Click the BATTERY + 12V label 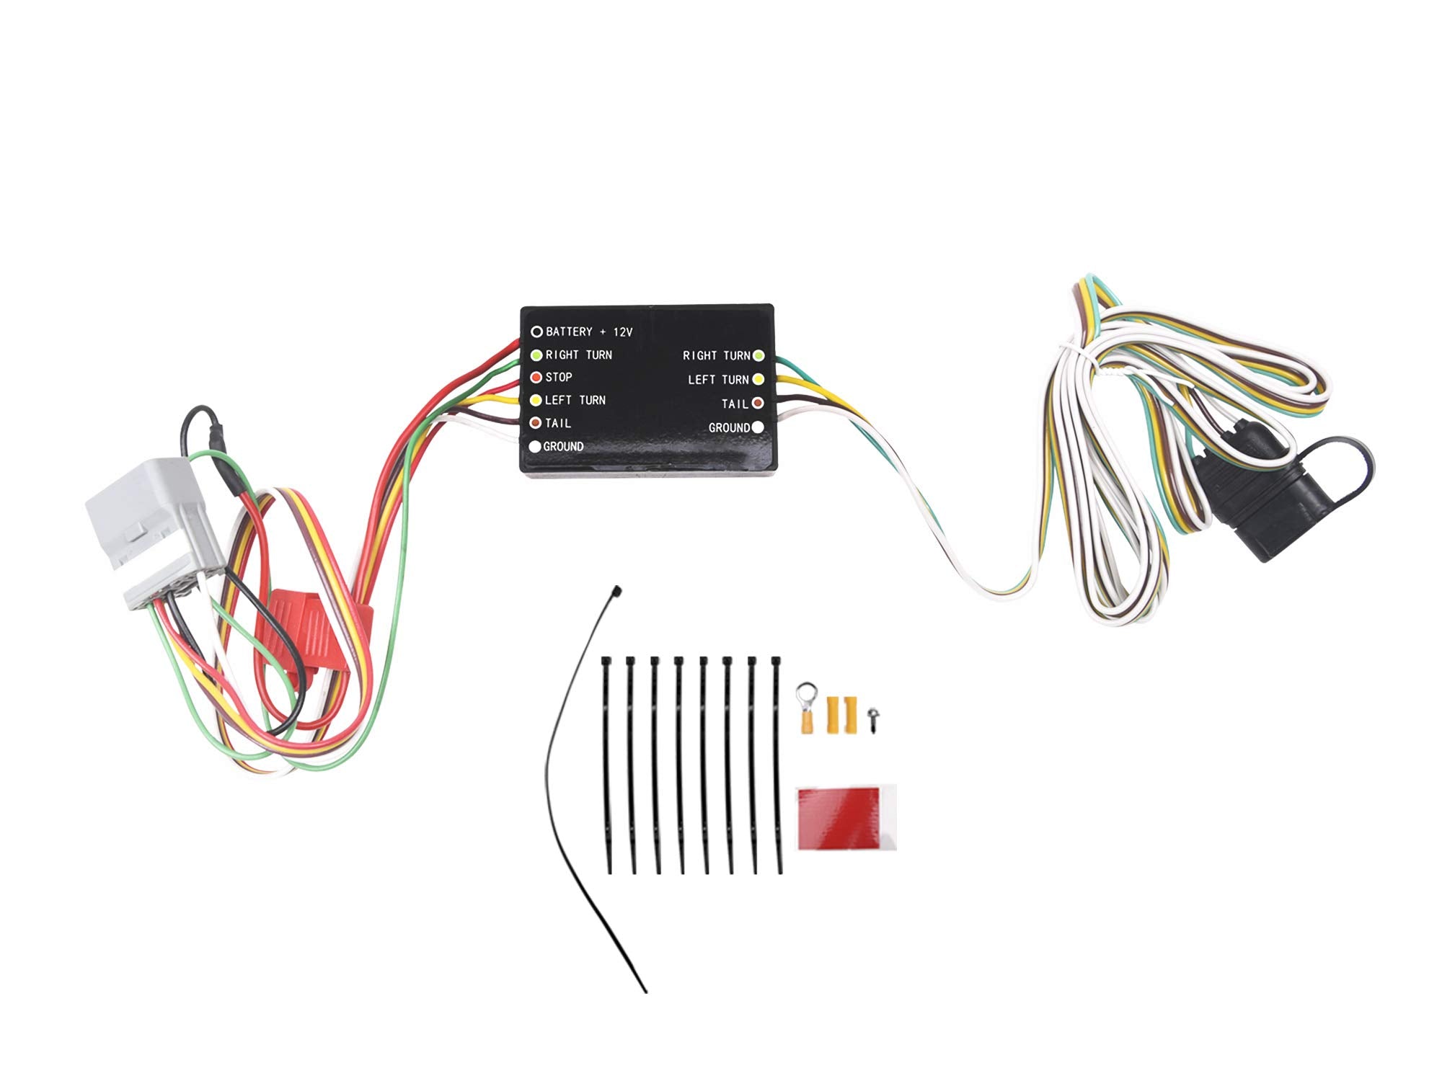click(589, 332)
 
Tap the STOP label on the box click(559, 377)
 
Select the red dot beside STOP click(536, 378)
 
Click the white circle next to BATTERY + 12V click(536, 332)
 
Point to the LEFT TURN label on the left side click(575, 400)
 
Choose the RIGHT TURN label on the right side click(717, 355)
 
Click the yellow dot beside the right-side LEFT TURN click(758, 379)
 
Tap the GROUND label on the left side click(563, 447)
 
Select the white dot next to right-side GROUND click(758, 427)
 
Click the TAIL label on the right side click(735, 404)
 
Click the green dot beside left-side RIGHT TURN click(536, 355)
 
